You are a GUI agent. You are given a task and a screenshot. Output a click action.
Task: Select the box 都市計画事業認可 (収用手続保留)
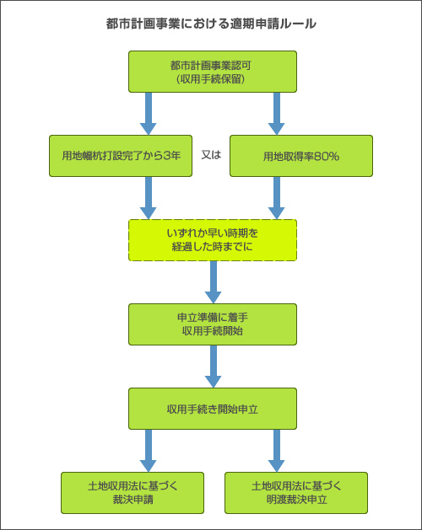[212, 72]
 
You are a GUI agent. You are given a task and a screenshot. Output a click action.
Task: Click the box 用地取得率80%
[301, 156]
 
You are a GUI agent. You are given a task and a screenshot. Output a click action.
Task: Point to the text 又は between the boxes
[210, 156]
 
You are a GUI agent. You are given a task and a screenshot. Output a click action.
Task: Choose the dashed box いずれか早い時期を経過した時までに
[212, 240]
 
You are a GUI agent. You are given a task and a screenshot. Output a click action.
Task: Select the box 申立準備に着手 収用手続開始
[212, 324]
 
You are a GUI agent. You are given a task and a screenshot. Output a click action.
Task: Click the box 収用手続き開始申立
[212, 409]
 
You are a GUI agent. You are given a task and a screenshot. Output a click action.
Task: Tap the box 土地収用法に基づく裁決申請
[133, 493]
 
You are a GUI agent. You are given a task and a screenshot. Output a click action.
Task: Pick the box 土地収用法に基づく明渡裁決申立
[296, 493]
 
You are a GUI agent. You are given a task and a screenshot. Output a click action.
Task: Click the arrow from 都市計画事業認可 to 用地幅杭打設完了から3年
[149, 113]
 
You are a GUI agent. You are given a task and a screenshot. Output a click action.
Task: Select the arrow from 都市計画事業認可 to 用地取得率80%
[276, 113]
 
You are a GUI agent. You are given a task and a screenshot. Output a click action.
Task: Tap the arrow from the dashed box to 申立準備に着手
[213, 281]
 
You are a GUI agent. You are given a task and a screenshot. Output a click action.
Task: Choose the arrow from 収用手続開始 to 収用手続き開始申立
[213, 366]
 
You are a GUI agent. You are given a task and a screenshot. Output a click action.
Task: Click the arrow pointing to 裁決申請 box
[149, 450]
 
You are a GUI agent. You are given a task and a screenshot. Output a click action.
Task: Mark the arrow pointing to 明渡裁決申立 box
[276, 450]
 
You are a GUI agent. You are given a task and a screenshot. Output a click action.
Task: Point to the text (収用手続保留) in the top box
[212, 79]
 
